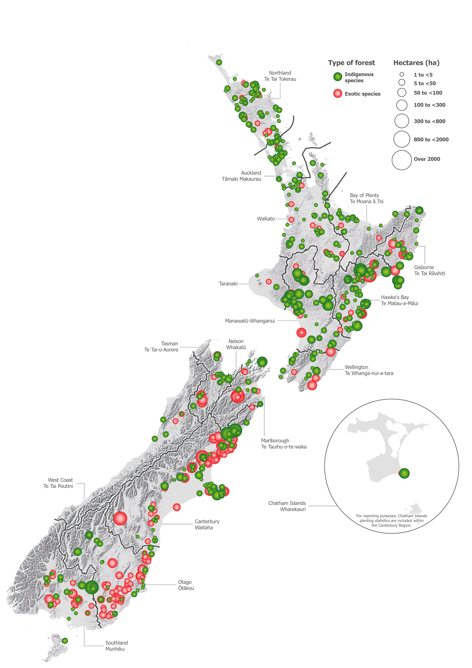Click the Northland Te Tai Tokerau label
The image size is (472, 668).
click(280, 76)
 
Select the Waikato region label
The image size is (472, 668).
click(266, 219)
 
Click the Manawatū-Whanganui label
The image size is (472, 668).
click(250, 321)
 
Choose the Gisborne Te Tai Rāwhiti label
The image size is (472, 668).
click(429, 270)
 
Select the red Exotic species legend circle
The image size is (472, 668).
click(337, 93)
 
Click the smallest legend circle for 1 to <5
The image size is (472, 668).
click(402, 74)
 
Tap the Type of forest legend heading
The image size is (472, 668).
click(351, 63)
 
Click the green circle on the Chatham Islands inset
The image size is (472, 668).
click(404, 473)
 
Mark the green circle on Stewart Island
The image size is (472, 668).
click(65, 641)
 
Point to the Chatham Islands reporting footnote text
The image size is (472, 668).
click(392, 521)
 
